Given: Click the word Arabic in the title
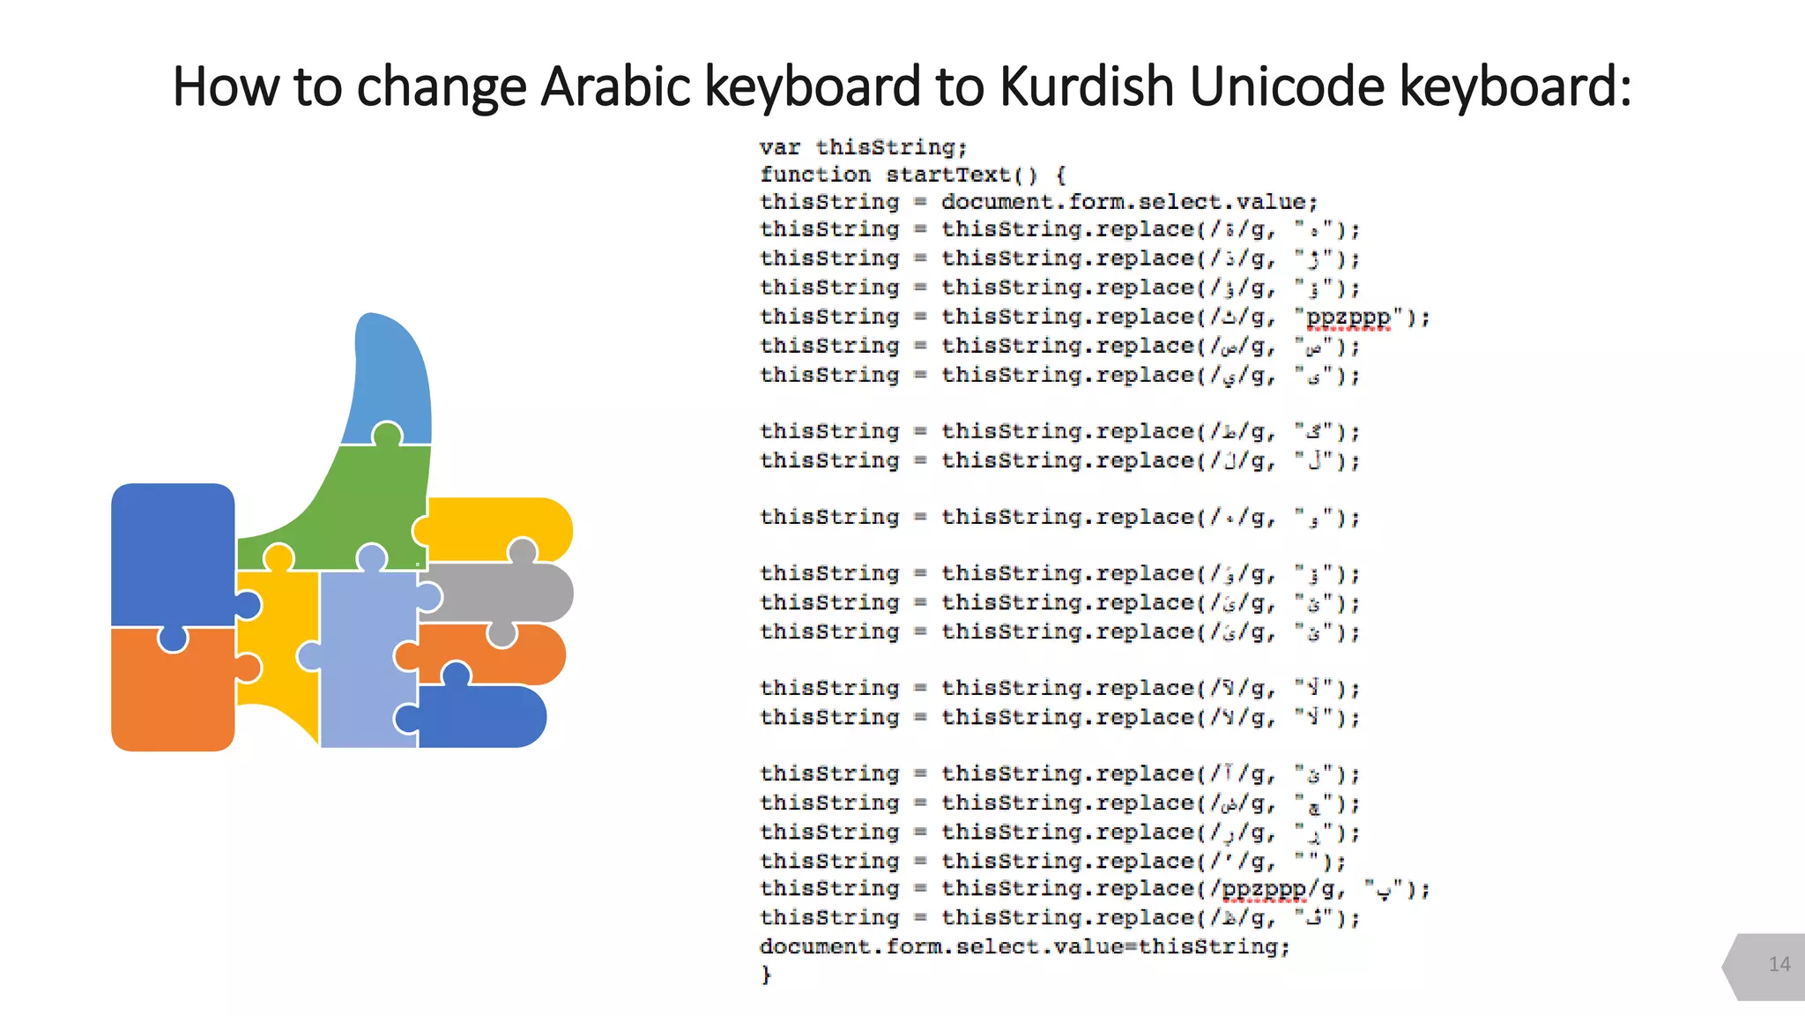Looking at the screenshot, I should pos(615,87).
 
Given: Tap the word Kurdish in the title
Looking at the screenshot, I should pos(1087,87).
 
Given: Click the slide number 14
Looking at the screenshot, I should pos(1779,964).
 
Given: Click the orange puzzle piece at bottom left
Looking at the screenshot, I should pos(172,692).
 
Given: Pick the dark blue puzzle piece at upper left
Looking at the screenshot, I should pos(172,551).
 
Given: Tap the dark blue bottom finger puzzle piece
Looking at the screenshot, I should pos(485,716).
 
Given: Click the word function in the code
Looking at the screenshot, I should pos(815,175).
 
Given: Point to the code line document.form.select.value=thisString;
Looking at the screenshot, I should pos(1024,946).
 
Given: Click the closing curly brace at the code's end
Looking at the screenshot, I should pos(766,975).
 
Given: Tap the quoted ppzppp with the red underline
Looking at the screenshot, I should pos(1348,317).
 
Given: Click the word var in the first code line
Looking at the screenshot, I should pos(780,147).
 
